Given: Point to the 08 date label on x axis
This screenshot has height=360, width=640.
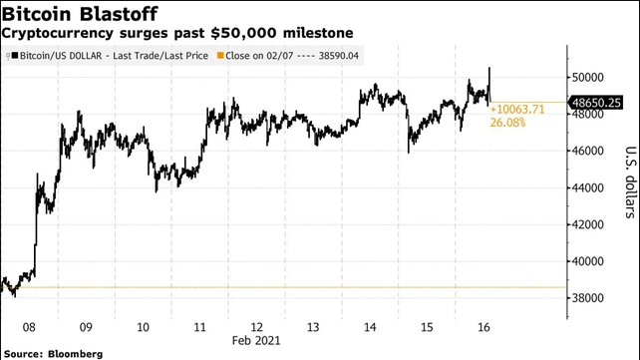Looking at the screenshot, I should (x=28, y=326).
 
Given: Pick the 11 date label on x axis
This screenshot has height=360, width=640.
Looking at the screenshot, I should (x=200, y=326).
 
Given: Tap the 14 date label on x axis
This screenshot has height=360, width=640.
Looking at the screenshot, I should (x=372, y=326).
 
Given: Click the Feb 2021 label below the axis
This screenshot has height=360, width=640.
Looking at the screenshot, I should (x=257, y=340).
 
